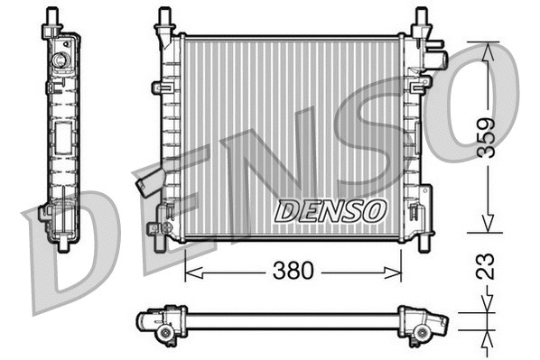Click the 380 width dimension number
pyautogui.click(x=293, y=271)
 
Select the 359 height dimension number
pyautogui.click(x=487, y=137)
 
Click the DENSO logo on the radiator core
pyautogui.click(x=331, y=211)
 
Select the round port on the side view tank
pyautogui.click(x=61, y=61)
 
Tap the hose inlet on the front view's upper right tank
pyautogui.click(x=437, y=61)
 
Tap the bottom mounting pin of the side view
pyautogui.click(x=62, y=244)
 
